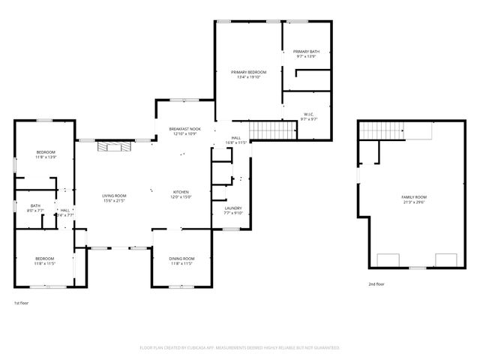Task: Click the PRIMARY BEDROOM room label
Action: (248, 72)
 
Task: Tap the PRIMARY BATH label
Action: (306, 52)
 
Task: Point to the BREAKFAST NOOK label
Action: (184, 129)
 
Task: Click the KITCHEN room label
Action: (181, 192)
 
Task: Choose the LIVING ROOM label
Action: (114, 196)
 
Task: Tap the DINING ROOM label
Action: (181, 259)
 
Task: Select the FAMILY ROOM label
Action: (413, 196)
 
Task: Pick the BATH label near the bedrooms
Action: (35, 205)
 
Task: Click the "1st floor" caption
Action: (21, 303)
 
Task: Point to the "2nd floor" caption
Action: (376, 284)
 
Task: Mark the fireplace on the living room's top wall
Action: (114, 145)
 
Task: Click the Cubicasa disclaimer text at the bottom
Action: (240, 348)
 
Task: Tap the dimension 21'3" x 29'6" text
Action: (413, 202)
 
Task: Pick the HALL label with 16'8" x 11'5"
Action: (235, 140)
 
